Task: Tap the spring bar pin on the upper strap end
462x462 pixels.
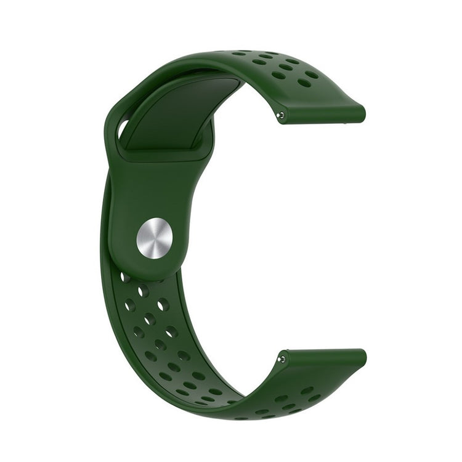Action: point(281,115)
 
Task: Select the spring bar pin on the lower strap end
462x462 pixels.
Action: point(282,359)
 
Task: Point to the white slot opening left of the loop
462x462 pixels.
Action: point(123,129)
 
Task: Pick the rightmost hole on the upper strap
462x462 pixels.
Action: point(312,75)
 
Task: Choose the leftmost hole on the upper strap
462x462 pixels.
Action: point(238,54)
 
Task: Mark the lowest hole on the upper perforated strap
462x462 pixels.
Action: point(304,83)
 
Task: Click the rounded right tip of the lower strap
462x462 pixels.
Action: point(362,359)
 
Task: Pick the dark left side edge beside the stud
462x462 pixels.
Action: point(106,234)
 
